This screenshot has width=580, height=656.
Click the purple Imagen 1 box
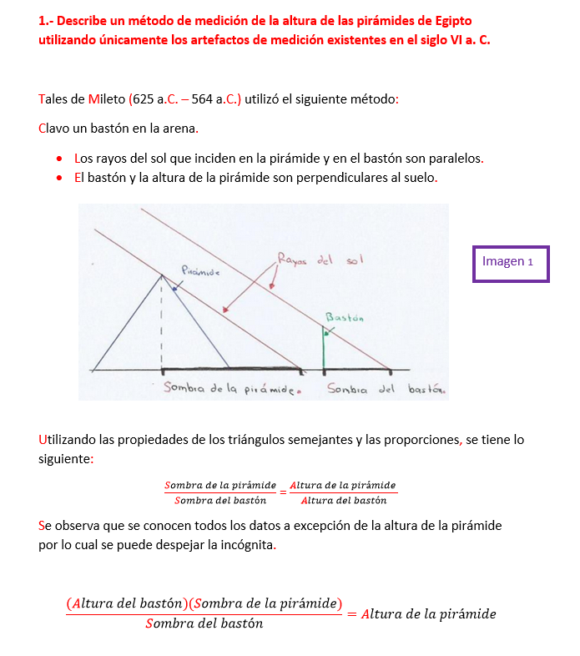[x=511, y=263]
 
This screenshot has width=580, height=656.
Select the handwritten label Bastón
[x=345, y=317]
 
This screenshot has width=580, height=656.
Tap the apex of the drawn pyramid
[x=161, y=275]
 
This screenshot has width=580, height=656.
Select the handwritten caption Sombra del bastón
[x=386, y=389]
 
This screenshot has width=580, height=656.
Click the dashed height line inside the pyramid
[x=161, y=325]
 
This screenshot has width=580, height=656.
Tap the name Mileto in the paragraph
[x=106, y=99]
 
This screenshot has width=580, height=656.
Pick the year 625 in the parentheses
[x=143, y=99]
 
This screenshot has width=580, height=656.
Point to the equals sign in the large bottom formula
[x=351, y=614]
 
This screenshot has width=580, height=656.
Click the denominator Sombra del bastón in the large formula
[x=204, y=623]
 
